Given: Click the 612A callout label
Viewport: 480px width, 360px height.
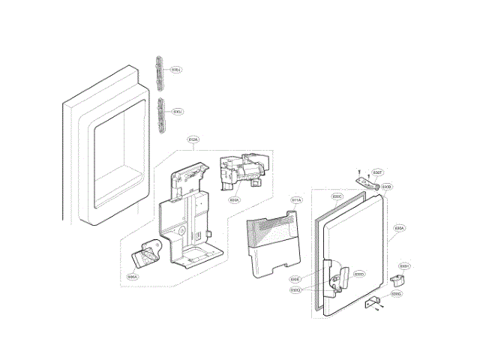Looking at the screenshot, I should coord(193,140).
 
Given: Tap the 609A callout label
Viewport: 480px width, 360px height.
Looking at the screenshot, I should coord(235,200).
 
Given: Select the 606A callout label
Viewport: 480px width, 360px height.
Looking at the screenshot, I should coord(132,277).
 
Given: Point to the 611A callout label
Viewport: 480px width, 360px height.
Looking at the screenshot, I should coord(295,200).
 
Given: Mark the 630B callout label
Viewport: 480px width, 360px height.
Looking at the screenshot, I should coord(387,186).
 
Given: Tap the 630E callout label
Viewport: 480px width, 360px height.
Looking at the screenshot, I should coord(295,279).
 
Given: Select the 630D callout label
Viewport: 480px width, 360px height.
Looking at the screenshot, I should coord(358,274).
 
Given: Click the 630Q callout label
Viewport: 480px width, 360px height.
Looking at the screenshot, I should coord(295,289).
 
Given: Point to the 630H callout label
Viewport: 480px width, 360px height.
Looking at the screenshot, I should coord(403,266).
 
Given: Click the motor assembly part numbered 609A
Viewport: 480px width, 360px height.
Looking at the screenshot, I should coord(241,173).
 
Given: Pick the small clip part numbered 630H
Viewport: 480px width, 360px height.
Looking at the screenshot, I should coord(397,279).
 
